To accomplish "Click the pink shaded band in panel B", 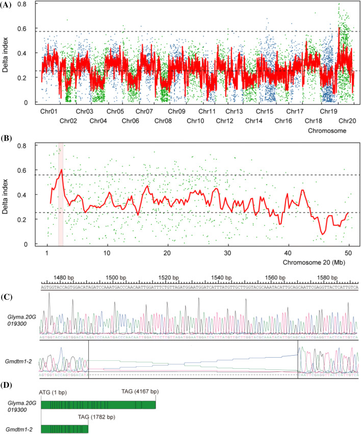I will click(x=61, y=193).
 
